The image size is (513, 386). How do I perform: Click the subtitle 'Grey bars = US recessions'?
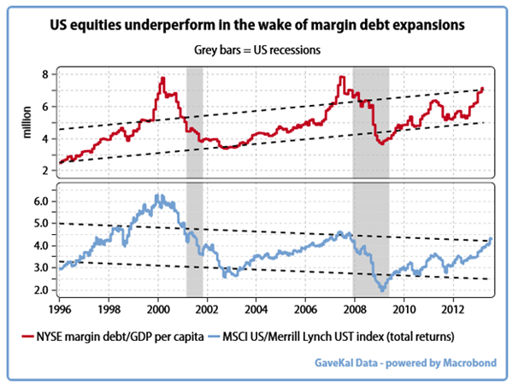click(256, 50)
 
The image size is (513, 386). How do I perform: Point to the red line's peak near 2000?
click(162, 79)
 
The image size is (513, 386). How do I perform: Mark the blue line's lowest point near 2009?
click(384, 290)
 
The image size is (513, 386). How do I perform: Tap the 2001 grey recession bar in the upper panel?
click(194, 120)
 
